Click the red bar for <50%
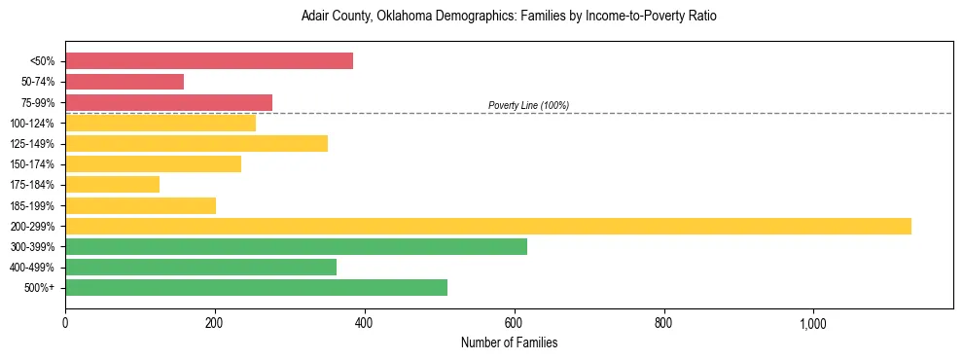tap(209, 61)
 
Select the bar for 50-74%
tap(125, 82)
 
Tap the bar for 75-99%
tap(168, 102)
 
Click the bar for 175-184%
tap(112, 185)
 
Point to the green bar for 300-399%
tap(296, 246)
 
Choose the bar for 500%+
tap(256, 287)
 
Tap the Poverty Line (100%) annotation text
tap(528, 105)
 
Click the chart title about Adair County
tap(509, 17)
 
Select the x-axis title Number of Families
tap(509, 342)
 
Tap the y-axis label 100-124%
tap(32, 124)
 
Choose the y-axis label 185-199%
tap(32, 205)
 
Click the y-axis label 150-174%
tap(32, 164)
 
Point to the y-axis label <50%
tap(42, 61)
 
